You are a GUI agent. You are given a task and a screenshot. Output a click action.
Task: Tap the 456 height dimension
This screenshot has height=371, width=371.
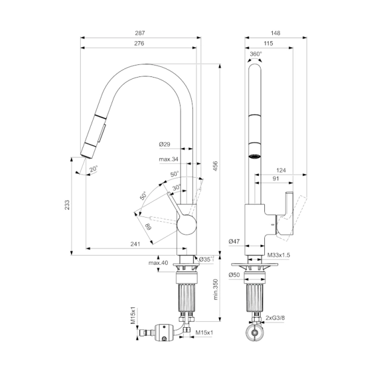[216, 165]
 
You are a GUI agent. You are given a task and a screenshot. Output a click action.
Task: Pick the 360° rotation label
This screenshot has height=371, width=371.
[256, 53]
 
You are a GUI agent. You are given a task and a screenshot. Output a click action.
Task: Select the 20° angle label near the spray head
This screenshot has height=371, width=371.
[93, 169]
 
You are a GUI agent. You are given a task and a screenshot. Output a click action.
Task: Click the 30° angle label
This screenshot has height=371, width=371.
[176, 188]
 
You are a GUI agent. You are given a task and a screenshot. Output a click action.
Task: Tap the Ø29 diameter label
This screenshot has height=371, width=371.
[164, 144]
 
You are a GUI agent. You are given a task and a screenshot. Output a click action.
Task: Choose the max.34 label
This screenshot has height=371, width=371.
[168, 159]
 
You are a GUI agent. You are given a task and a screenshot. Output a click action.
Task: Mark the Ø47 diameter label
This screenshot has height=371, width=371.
[235, 242]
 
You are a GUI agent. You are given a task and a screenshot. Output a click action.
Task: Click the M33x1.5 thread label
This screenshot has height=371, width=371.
[279, 255]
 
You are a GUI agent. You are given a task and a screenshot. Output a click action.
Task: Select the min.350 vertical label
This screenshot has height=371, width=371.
[216, 290]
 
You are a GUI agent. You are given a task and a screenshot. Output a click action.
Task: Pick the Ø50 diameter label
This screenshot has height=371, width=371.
[235, 275]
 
